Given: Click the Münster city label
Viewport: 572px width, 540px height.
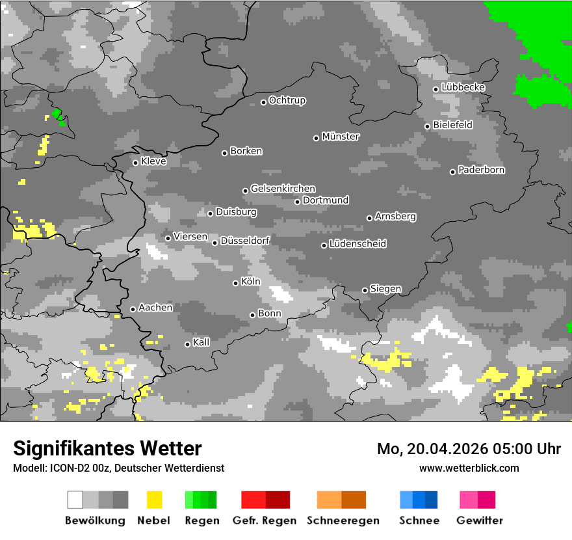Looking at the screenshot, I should [x=341, y=137].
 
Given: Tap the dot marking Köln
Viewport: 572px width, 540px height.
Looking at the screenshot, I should [x=236, y=283].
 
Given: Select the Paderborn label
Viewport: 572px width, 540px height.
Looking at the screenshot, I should [x=482, y=170].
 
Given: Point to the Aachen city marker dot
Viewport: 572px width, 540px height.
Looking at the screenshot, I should [x=133, y=309].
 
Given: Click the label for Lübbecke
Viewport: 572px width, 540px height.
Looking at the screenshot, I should [x=463, y=88].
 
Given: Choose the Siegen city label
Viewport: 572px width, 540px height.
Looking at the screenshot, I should [x=386, y=289].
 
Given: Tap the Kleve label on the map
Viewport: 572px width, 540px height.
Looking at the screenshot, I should [x=154, y=161].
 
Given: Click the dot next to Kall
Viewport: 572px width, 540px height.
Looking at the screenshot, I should [x=188, y=344].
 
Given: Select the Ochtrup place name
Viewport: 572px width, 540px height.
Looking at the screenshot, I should [x=287, y=101].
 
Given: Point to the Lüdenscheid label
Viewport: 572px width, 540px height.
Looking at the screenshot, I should [x=358, y=244].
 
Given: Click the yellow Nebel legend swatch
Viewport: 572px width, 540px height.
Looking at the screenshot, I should [x=154, y=500].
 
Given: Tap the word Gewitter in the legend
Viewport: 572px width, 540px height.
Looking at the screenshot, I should [x=480, y=520].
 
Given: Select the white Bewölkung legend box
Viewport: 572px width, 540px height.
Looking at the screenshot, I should [x=75, y=500].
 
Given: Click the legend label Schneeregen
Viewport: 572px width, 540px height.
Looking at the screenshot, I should [x=343, y=520].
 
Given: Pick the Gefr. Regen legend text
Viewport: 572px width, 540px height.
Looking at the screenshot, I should [x=265, y=520].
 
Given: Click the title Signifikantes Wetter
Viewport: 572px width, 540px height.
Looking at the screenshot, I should [x=107, y=448].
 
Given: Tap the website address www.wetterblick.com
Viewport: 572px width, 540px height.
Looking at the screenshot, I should [x=469, y=468].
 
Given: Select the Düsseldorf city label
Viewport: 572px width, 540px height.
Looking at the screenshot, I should [x=245, y=241].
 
